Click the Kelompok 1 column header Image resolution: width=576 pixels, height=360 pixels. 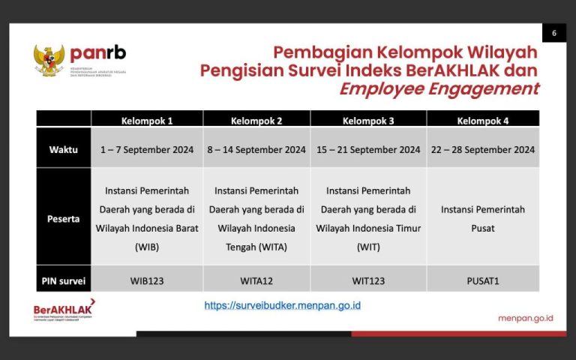point(147,120)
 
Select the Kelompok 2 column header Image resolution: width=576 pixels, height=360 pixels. point(256,120)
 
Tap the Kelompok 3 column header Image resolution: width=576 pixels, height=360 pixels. point(368,120)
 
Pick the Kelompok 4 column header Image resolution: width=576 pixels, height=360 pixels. point(482,120)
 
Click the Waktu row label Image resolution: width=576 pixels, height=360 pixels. point(64,149)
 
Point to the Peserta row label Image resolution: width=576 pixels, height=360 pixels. point(64,219)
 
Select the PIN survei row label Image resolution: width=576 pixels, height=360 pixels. point(64,281)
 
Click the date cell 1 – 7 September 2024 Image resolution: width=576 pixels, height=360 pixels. point(147,149)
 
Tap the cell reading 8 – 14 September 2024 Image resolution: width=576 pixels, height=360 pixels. point(256,149)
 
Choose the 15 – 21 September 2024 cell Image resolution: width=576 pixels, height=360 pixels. point(368,149)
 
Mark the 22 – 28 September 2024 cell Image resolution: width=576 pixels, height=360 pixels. point(482,149)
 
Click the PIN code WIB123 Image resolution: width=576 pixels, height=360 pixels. point(147,281)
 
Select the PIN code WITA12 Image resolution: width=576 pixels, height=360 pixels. point(256,281)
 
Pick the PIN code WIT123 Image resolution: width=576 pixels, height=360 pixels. point(368,281)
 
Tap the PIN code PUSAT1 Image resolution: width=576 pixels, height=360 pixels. point(482,281)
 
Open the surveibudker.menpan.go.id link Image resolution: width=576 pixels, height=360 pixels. point(283,306)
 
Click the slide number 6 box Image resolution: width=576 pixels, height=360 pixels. point(553,33)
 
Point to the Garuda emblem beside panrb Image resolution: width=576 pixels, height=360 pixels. point(49,60)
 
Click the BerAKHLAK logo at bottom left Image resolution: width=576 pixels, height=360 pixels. point(64,310)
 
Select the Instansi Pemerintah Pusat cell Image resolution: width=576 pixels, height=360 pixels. point(482,219)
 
